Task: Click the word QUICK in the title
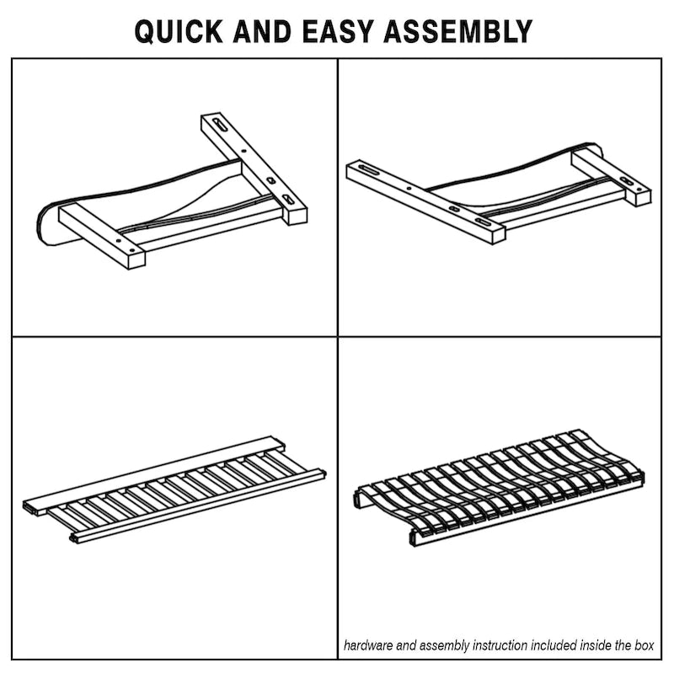point(179,31)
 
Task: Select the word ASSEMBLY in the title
point(458,31)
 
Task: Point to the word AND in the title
point(263,31)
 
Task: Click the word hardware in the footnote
point(368,645)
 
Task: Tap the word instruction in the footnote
point(500,645)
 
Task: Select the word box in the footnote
point(645,645)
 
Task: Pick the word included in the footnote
point(554,645)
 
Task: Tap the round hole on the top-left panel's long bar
point(244,151)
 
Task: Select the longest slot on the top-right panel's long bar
point(369,169)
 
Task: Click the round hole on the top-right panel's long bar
point(409,188)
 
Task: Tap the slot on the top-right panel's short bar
point(629,180)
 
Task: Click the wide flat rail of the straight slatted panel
point(153,476)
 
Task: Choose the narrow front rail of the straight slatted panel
point(198,506)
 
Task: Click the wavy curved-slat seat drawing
point(500,487)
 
